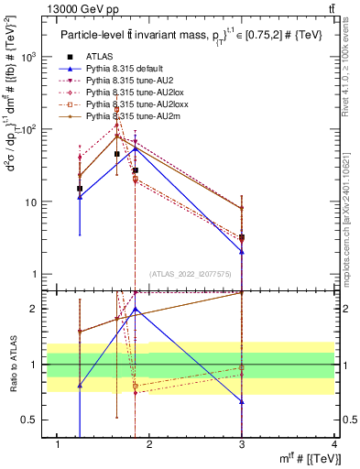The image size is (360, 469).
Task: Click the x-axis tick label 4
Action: point(334,444)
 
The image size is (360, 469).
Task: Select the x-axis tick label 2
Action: point(150,444)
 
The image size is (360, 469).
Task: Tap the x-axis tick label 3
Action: point(242,444)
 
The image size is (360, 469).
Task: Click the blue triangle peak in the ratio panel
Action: point(135,310)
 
